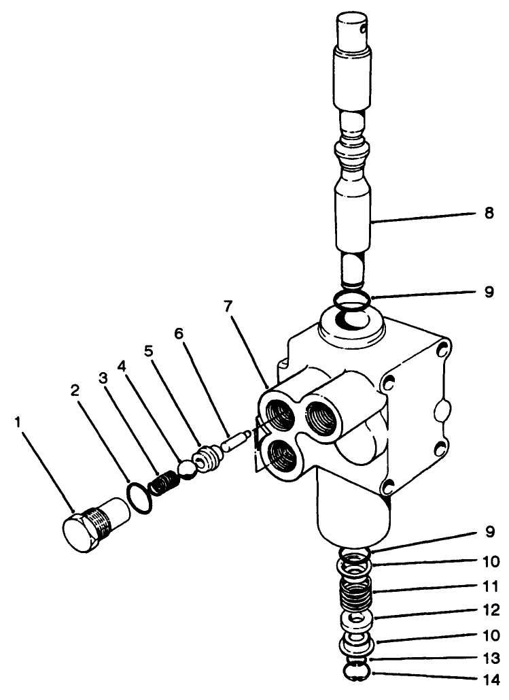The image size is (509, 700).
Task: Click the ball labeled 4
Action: click(x=186, y=469)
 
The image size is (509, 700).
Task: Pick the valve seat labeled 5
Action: click(x=206, y=456)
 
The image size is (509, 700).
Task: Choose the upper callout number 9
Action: click(x=489, y=293)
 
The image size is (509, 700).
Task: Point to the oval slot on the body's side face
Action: click(x=443, y=410)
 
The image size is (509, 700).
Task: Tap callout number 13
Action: click(x=489, y=658)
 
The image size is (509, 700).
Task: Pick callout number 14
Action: click(x=489, y=679)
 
